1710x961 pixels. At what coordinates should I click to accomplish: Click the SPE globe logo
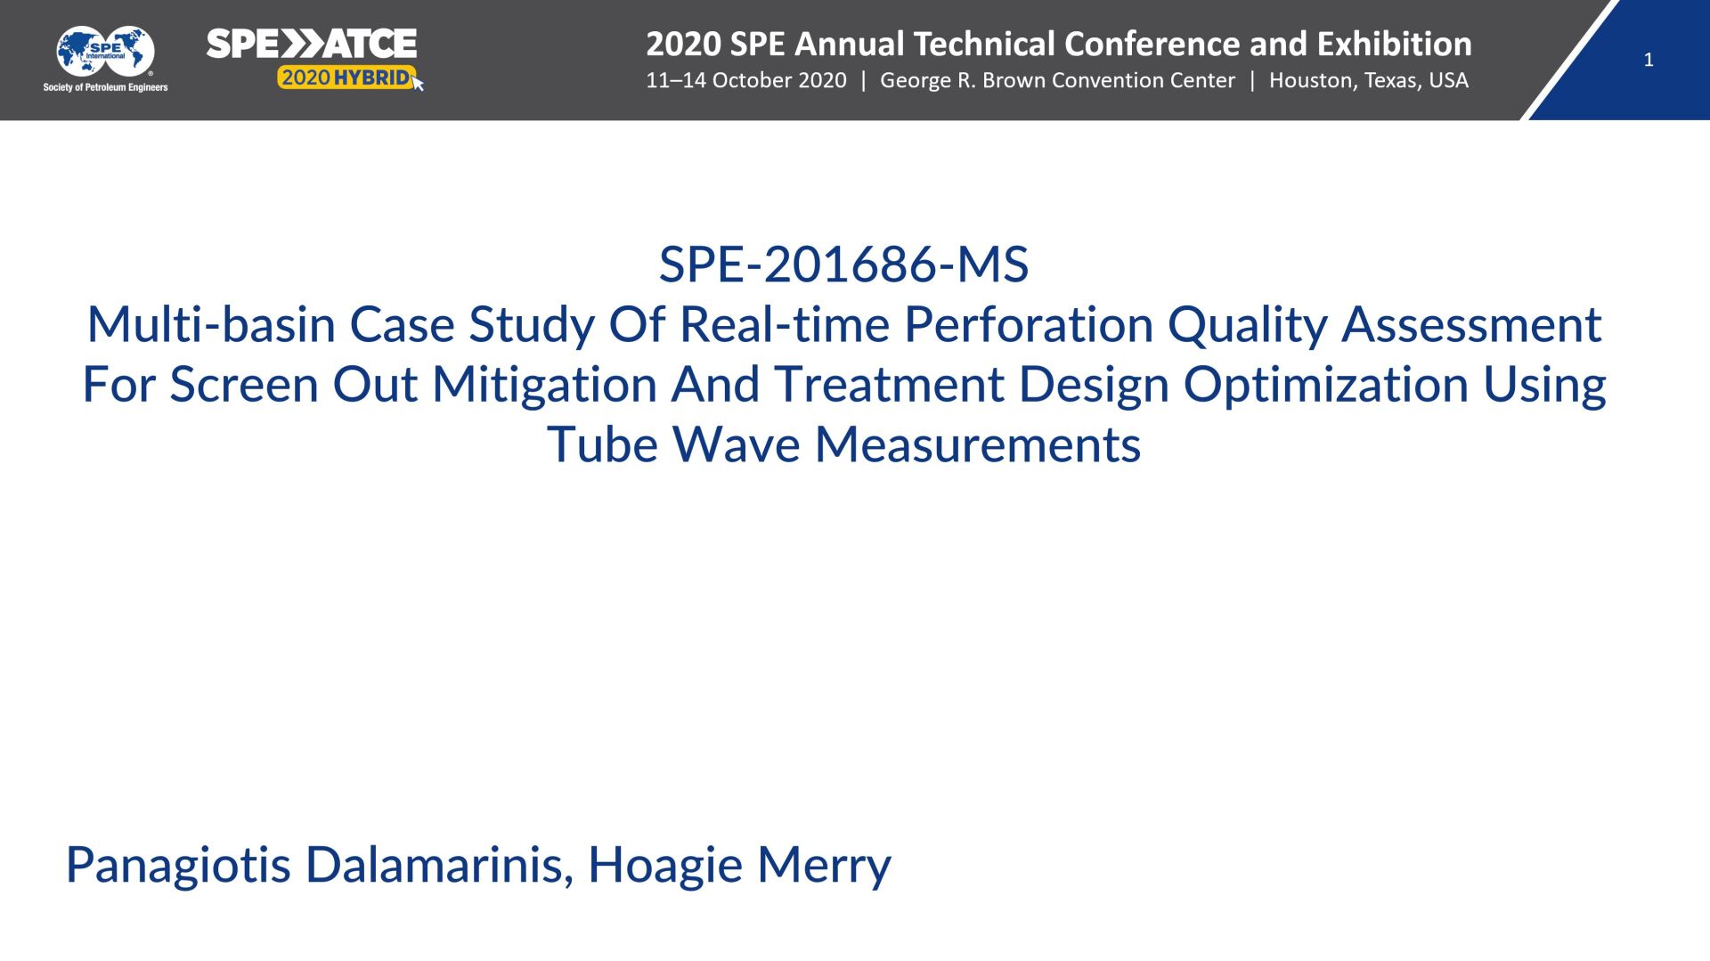pos(105,52)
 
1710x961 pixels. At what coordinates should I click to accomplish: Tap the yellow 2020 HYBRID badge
pos(346,77)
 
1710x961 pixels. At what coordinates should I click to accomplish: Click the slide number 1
pos(1649,60)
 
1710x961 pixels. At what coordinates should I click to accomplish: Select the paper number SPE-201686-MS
pos(843,265)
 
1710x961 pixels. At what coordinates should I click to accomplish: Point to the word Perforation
pos(1029,324)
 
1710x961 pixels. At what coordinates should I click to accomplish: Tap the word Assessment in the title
pos(1471,324)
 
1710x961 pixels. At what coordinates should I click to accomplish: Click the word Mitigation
pos(544,385)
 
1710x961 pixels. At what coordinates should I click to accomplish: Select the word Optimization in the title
pos(1325,385)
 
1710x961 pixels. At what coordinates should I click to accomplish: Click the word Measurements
pos(978,444)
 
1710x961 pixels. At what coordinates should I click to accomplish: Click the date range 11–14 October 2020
pos(746,80)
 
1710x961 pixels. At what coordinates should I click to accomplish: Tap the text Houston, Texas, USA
pos(1369,80)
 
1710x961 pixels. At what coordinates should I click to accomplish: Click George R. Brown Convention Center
pos(1057,80)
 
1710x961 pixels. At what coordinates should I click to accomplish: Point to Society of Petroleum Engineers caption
pos(105,87)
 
